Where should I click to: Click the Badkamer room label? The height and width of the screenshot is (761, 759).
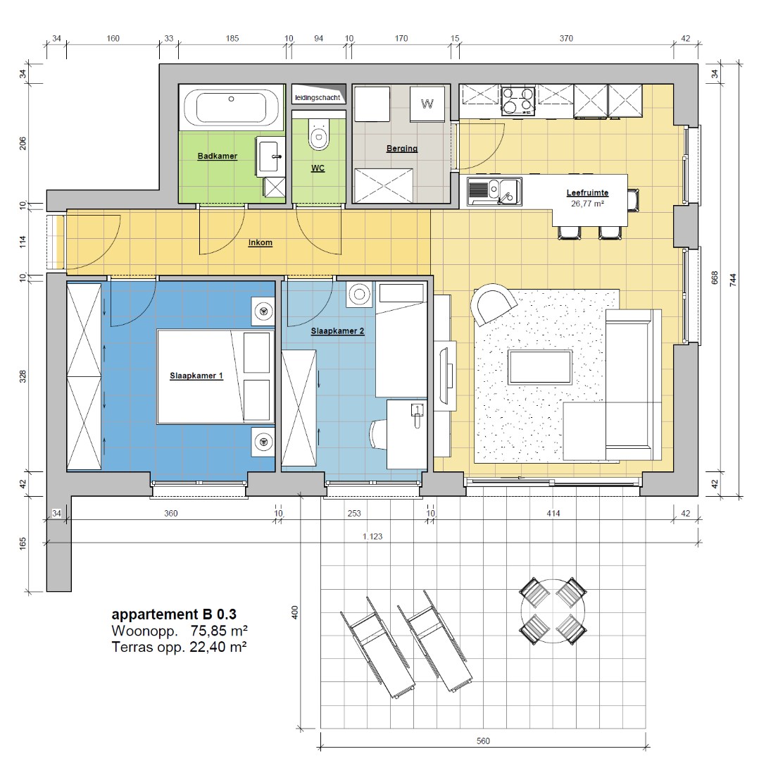218,156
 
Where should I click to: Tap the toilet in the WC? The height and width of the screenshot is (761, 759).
319,134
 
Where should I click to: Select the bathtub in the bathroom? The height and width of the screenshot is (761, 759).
232,107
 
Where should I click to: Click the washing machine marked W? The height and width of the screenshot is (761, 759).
427,104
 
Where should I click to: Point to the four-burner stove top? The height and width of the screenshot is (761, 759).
518,101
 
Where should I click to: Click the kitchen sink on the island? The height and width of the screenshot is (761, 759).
494,191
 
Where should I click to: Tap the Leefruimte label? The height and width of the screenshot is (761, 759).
587,192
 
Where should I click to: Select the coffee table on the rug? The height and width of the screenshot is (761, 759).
540,367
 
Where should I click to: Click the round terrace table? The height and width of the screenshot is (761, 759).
553,610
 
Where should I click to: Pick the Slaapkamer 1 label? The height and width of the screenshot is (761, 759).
196,376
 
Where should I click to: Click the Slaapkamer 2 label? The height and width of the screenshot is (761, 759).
337,331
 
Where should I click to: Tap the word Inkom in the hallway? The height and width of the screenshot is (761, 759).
261,242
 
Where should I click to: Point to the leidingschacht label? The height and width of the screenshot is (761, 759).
318,97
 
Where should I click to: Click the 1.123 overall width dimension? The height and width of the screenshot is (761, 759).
372,536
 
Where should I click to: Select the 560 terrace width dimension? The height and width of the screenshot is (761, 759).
483,741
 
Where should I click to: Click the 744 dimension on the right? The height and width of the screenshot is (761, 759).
733,280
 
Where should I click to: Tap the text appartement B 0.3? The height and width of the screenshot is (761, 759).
174,614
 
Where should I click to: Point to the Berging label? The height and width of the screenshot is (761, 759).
402,149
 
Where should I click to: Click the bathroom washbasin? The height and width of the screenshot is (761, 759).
270,156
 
